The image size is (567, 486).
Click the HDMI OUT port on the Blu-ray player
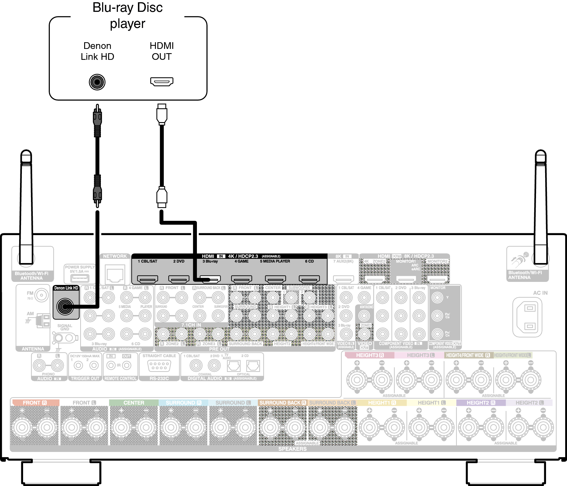162,81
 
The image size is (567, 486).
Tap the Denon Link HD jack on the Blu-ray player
97,82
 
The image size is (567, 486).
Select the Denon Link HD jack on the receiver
65,306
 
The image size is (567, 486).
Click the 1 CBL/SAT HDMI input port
148,279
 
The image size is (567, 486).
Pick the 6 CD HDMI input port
309,279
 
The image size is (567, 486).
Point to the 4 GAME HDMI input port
242,279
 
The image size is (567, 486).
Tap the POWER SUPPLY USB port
80,278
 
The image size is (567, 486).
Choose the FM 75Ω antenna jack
42,295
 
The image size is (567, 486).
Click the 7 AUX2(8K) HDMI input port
344,279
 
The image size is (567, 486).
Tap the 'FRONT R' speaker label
35,403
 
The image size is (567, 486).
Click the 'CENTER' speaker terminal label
134,403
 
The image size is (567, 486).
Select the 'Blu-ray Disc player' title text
128,15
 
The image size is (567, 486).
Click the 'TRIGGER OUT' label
85,378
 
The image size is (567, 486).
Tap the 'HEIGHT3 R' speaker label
370,355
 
